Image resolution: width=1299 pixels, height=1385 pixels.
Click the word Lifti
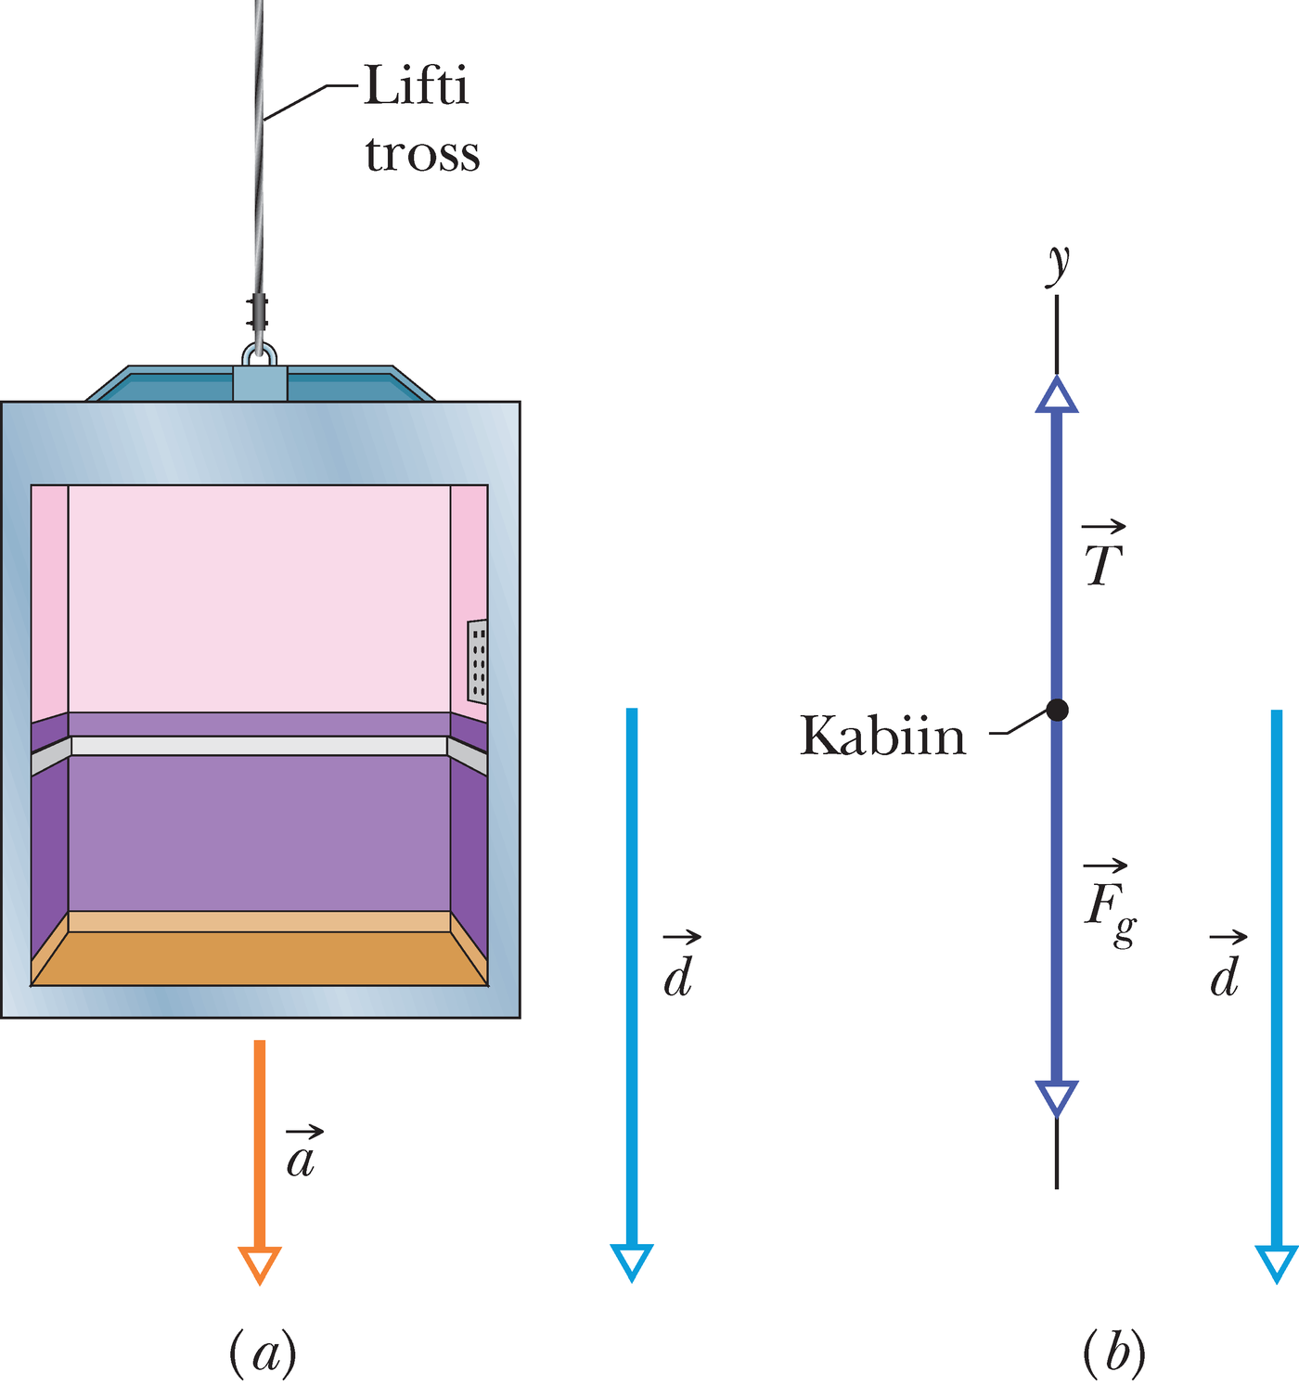(416, 85)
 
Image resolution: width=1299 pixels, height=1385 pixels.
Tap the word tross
(422, 154)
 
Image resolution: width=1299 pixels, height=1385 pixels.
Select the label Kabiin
(882, 735)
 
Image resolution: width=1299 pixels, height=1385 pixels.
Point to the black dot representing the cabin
(1056, 710)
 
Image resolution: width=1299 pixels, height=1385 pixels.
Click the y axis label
(1058, 264)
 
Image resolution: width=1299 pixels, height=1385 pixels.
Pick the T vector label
(1102, 555)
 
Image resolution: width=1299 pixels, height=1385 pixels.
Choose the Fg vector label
(1110, 904)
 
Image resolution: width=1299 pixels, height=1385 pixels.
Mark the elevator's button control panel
(477, 660)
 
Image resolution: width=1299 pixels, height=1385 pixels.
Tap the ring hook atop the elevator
(260, 355)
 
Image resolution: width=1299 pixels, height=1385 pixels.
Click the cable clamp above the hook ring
(259, 311)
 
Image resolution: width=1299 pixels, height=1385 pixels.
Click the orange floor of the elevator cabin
(259, 957)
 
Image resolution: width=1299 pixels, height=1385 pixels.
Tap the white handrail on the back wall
(259, 746)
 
